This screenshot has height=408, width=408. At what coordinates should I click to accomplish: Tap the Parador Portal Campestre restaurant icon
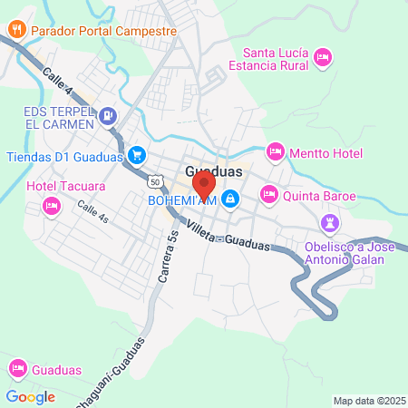(x=16, y=29)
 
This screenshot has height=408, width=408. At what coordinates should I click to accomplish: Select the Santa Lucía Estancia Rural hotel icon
(x=321, y=59)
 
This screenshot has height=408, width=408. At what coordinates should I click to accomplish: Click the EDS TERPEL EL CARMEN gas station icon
(x=109, y=115)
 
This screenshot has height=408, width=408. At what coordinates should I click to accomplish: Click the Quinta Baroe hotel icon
(x=269, y=194)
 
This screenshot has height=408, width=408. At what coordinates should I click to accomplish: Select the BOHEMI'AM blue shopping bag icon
(x=231, y=199)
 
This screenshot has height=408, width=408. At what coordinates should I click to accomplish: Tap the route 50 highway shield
(x=157, y=182)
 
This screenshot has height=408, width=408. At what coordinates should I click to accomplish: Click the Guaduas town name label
(x=214, y=171)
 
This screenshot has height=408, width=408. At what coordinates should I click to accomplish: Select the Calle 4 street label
(x=57, y=80)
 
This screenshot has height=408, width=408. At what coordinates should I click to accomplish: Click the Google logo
(x=30, y=396)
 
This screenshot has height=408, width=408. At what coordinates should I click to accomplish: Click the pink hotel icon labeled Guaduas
(x=16, y=369)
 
